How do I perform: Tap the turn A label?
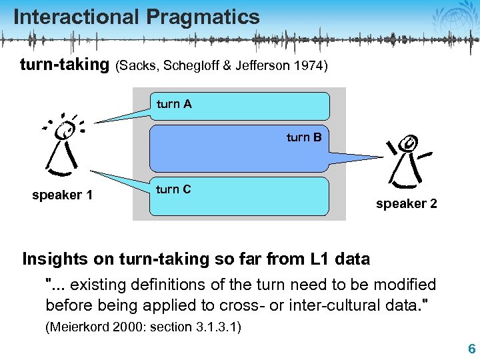coord(174,103)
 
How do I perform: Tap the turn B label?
coord(304,137)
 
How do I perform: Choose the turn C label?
coord(173,189)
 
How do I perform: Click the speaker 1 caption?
coord(63,195)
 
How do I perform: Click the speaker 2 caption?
coord(407,204)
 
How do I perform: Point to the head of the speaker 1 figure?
coord(65,131)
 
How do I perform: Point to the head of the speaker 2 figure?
coord(410,143)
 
